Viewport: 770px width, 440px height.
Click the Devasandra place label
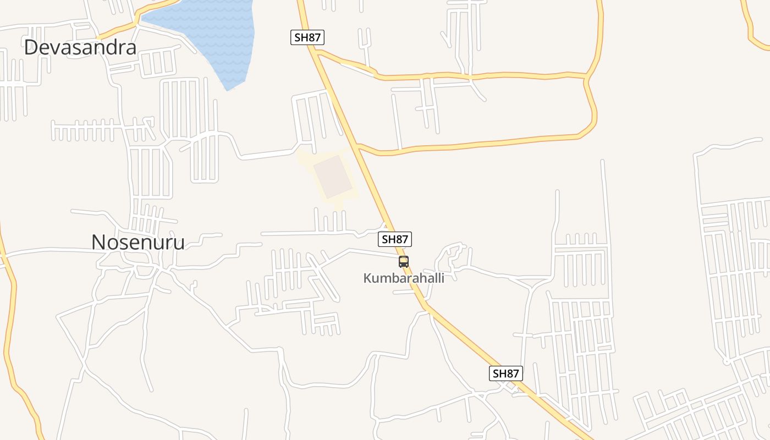point(80,47)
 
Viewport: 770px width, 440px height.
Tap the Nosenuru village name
point(137,242)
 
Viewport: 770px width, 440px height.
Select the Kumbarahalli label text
point(403,278)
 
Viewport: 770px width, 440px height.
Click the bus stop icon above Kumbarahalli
point(404,262)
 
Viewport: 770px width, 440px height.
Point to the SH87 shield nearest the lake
point(307,37)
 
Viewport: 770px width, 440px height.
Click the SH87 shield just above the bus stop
point(395,239)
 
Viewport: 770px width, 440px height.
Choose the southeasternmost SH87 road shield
point(505,373)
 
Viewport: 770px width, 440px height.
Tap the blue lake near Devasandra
point(209,33)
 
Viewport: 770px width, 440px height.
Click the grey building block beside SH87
point(332,176)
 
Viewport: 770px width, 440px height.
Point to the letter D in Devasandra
point(31,47)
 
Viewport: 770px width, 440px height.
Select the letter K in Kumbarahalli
point(367,278)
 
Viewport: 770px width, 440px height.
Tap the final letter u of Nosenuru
point(178,243)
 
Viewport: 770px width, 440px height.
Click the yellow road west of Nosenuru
point(10,308)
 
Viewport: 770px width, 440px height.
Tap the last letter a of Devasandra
point(130,48)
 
